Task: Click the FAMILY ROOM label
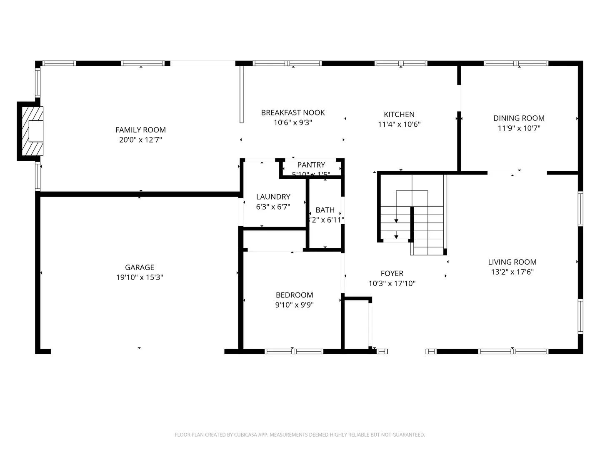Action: [140, 130]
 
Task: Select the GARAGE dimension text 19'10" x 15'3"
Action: [140, 277]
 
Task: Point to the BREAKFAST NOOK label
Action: [293, 112]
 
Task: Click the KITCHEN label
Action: [399, 115]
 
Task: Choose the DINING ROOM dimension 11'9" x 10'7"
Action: [519, 128]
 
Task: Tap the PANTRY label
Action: [311, 165]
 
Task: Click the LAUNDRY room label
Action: [273, 197]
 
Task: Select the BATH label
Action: [325, 210]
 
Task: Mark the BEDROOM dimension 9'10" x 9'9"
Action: [294, 305]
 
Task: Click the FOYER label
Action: [392, 273]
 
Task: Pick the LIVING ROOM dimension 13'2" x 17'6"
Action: [512, 272]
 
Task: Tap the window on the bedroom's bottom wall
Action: [294, 351]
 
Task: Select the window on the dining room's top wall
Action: [516, 63]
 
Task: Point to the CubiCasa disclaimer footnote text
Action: [300, 435]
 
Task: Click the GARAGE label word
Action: [140, 267]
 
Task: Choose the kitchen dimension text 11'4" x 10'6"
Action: [399, 124]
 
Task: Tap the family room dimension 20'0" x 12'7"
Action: [140, 140]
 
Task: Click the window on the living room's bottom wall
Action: [513, 351]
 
